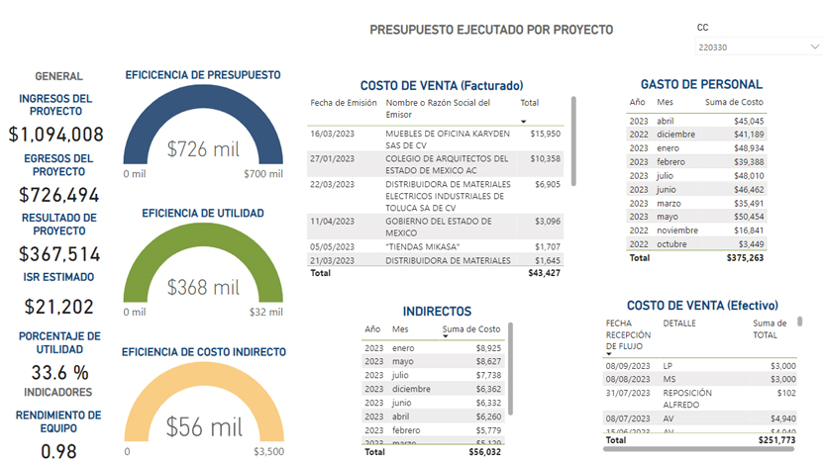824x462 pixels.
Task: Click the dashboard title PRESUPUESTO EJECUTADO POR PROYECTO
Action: coord(490,30)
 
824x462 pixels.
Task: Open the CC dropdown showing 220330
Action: coord(759,46)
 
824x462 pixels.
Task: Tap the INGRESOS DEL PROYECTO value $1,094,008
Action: coord(56,136)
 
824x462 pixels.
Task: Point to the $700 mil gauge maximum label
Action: coord(263,174)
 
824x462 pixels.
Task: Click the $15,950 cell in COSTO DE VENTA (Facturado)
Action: coord(546,133)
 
